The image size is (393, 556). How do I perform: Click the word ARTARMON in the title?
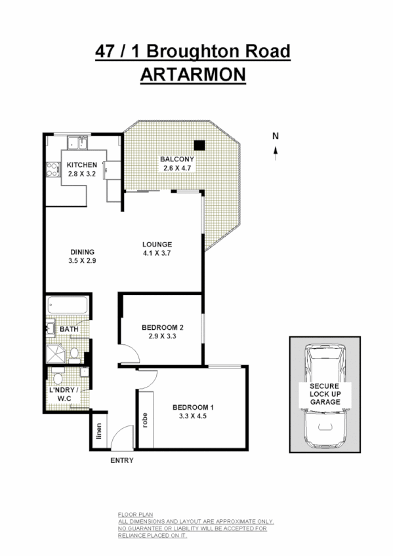pos(193,74)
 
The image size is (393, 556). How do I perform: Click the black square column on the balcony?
pos(199,146)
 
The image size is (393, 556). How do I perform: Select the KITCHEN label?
pos(81,165)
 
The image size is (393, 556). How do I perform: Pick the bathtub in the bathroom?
pos(68,306)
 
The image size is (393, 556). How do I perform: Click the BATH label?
pos(69,329)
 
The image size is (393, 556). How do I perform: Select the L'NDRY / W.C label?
pos(64,394)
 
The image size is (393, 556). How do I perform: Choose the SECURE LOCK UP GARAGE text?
pos(325,394)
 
